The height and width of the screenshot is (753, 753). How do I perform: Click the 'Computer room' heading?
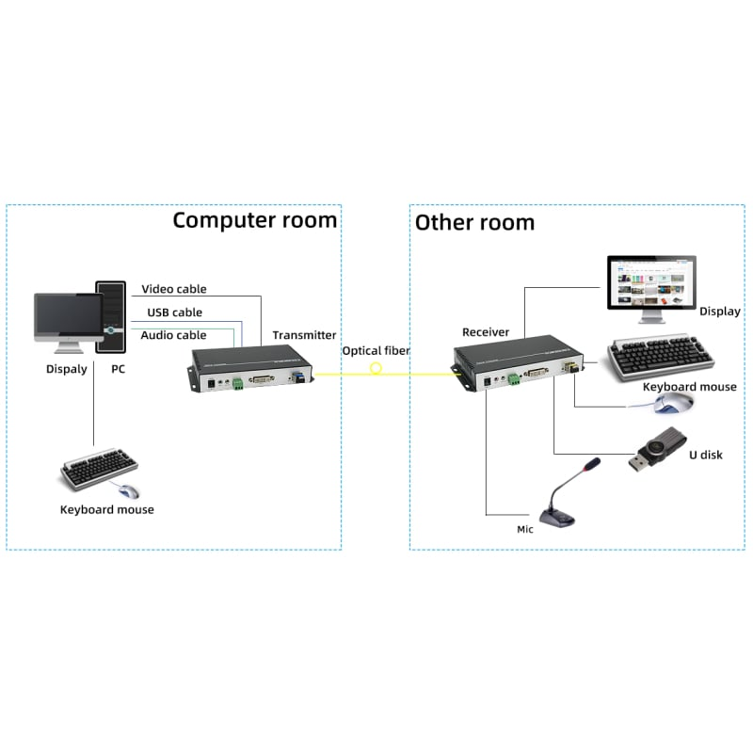(254, 220)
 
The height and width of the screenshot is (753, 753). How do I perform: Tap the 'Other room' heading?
(474, 222)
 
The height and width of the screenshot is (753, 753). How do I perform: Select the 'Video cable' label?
(173, 289)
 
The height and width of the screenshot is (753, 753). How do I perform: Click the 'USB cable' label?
(174, 312)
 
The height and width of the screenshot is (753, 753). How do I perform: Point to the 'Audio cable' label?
(173, 335)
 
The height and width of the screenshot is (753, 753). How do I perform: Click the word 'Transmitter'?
(304, 335)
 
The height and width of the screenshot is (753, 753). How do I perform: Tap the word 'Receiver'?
(486, 332)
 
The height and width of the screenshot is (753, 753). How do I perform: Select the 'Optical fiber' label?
(376, 351)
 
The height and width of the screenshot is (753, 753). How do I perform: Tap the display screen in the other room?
(650, 284)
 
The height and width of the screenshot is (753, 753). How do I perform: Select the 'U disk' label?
(705, 456)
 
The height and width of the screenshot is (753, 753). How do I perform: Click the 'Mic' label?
(525, 529)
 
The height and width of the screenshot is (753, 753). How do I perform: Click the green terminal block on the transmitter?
(238, 381)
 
